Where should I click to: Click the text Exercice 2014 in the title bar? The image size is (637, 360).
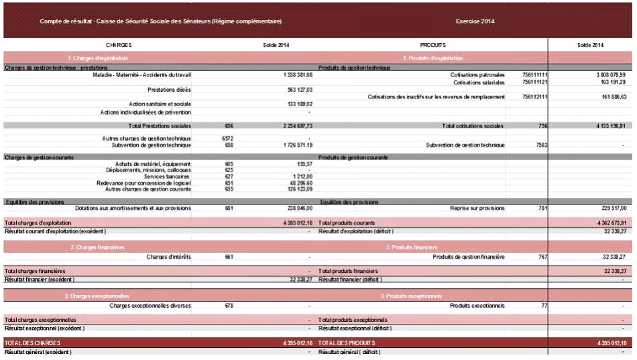475,21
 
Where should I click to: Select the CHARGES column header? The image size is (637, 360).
119,45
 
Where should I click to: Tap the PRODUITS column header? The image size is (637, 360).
432,45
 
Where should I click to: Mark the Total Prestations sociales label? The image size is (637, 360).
160,125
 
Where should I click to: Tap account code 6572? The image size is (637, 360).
227,138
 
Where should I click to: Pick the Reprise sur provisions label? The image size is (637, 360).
477,208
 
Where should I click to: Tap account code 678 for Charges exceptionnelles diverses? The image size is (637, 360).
229,306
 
